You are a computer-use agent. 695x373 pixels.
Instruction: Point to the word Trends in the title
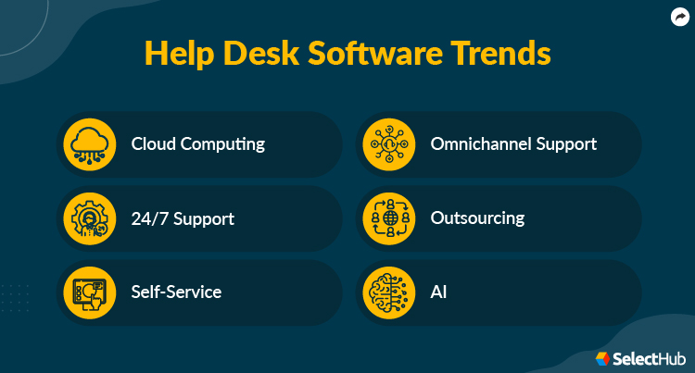[501, 53]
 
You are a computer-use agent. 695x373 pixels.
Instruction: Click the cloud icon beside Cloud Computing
[89, 144]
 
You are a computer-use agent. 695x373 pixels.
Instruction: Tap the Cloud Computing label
[197, 144]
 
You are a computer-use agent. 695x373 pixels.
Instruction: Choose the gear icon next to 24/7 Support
[89, 218]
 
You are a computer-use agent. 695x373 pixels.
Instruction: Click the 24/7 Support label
[183, 219]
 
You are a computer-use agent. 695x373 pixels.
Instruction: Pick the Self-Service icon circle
[89, 292]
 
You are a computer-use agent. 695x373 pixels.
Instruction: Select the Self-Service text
[176, 292]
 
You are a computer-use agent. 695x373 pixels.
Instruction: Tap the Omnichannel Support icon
[388, 144]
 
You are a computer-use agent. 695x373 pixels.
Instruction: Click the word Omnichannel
[478, 144]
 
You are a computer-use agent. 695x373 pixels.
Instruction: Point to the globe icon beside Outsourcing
[388, 218]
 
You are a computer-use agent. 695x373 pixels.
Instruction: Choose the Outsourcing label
[477, 218]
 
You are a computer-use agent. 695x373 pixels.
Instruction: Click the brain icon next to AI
[388, 292]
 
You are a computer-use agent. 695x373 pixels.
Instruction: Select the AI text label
[439, 292]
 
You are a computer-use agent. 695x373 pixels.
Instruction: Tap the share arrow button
[678, 16]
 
